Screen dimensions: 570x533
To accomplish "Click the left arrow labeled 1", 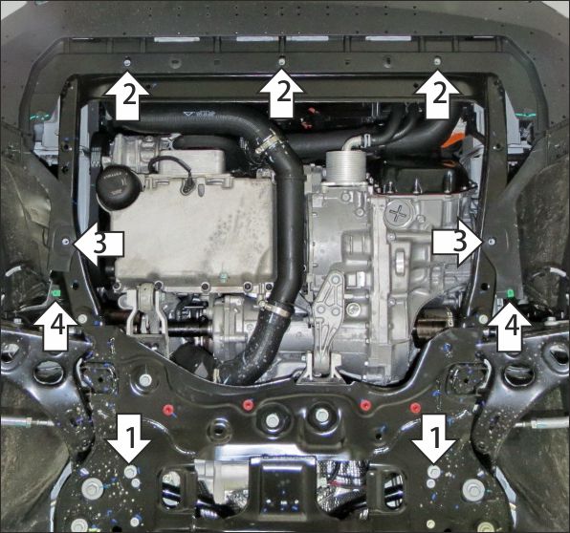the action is [x=129, y=439].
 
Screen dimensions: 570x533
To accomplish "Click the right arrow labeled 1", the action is [x=434, y=439].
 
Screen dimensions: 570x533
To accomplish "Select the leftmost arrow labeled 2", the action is [x=127, y=96].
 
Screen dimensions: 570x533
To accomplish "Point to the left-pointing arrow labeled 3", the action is [x=99, y=244].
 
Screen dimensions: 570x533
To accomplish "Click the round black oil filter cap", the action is [x=112, y=184].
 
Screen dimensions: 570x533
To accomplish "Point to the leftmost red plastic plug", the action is [x=168, y=409].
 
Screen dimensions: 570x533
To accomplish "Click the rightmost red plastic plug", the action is [x=414, y=407].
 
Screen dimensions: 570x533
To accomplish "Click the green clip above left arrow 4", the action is [x=56, y=292].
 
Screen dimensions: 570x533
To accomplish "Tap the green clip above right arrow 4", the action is [x=510, y=292].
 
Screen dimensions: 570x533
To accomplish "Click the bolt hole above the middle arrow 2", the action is [x=282, y=62].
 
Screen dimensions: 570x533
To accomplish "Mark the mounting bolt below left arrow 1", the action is [x=130, y=472].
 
